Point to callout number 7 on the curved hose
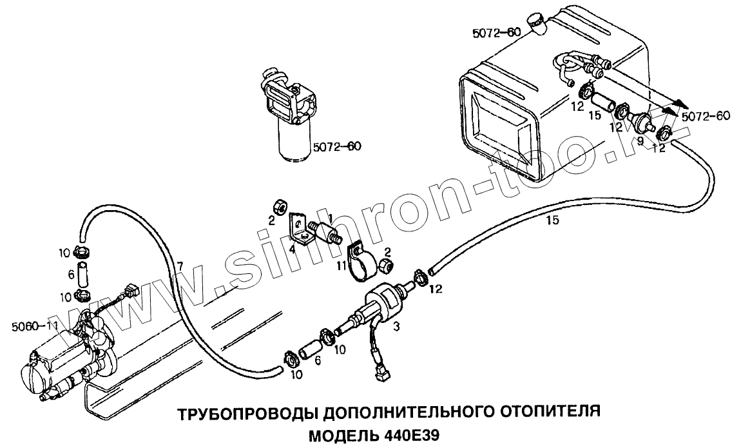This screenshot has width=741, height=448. [181, 266]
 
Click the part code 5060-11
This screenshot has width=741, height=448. [32, 326]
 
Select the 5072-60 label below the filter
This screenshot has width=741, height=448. [336, 146]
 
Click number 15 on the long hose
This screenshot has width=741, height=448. [552, 220]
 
